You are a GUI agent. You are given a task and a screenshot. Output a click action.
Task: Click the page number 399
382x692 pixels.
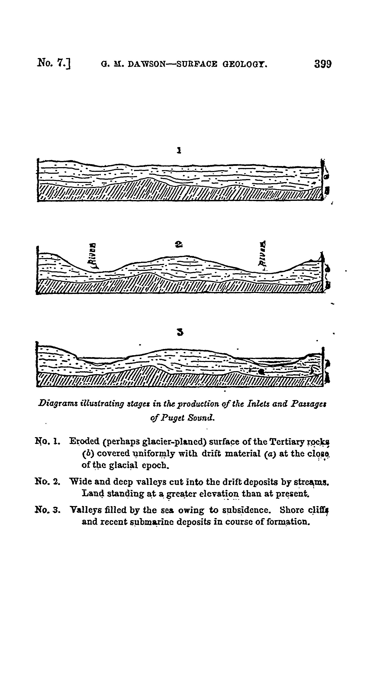coord(323,64)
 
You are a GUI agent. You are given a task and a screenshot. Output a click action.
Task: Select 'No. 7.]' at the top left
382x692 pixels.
coord(54,63)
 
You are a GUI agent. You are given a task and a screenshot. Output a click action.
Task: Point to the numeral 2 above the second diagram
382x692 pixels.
coord(179,244)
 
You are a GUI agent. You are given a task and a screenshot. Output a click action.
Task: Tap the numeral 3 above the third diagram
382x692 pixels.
coord(180,333)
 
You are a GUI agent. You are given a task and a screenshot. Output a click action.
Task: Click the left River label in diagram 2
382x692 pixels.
coord(94,256)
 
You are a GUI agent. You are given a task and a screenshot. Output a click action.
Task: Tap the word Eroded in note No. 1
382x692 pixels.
coord(84,441)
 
